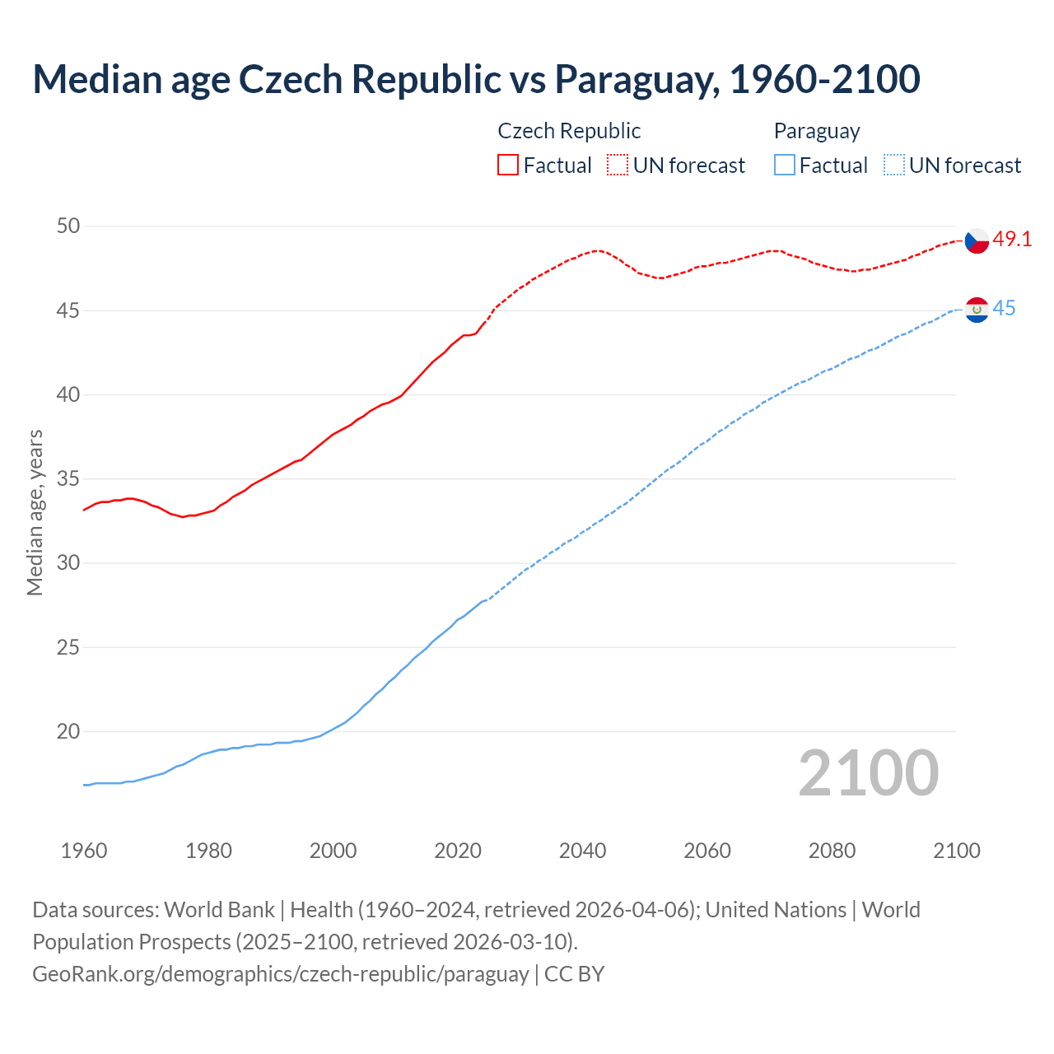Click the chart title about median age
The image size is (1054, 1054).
point(476,79)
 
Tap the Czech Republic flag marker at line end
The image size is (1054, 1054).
point(977,240)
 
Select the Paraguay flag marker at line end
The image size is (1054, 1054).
point(977,310)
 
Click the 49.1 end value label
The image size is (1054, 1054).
point(1012,240)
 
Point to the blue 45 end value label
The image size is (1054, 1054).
point(1004,309)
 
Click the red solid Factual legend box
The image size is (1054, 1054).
point(508,166)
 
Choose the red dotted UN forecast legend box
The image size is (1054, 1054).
point(618,166)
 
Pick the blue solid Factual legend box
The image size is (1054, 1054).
point(785,166)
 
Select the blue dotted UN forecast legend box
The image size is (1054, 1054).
point(893,166)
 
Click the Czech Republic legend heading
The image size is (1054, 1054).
point(569,131)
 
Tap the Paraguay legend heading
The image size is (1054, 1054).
point(817,131)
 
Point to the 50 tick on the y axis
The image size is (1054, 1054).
point(68,226)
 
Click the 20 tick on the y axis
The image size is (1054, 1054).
point(68,731)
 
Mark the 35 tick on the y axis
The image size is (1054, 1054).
point(68,478)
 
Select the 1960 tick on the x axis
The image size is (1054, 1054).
point(84,851)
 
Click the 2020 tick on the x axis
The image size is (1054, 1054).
point(458,851)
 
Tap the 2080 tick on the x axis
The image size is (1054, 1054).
point(832,851)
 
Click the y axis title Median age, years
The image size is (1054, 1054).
point(35,512)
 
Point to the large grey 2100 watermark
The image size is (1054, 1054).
point(868,773)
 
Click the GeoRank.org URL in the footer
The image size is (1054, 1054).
point(280,974)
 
